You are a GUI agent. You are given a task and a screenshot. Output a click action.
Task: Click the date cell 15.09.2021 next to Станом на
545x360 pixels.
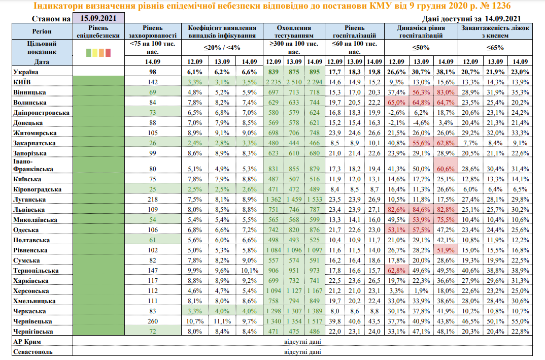pyautogui.click(x=98, y=19)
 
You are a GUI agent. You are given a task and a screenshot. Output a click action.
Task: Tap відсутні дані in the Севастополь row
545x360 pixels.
pyautogui.click(x=302, y=351)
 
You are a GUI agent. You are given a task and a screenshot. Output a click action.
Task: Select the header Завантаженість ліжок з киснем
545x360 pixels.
pyautogui.click(x=495, y=32)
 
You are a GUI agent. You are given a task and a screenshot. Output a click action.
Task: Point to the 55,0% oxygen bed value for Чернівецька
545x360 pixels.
pyautogui.click(x=521, y=321)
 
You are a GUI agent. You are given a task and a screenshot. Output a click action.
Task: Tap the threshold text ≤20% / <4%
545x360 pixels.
pyautogui.click(x=222, y=48)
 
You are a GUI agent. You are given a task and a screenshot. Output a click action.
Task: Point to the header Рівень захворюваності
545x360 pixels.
pyautogui.click(x=152, y=32)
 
